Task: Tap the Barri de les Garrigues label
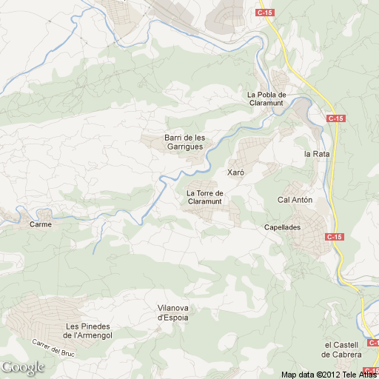pyautogui.click(x=184, y=142)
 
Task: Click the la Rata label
pyautogui.click(x=316, y=154)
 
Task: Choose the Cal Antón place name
pyautogui.click(x=295, y=200)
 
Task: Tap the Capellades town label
pyautogui.click(x=282, y=227)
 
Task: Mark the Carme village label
pyautogui.click(x=40, y=224)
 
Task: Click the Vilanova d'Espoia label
pyautogui.click(x=173, y=312)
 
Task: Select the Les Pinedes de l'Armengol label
pyautogui.click(x=88, y=332)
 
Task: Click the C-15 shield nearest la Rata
pyautogui.click(x=336, y=118)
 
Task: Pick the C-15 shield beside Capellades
pyautogui.click(x=335, y=236)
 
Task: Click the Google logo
pyautogui.click(x=22, y=367)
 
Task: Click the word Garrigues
pyautogui.click(x=184, y=147)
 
